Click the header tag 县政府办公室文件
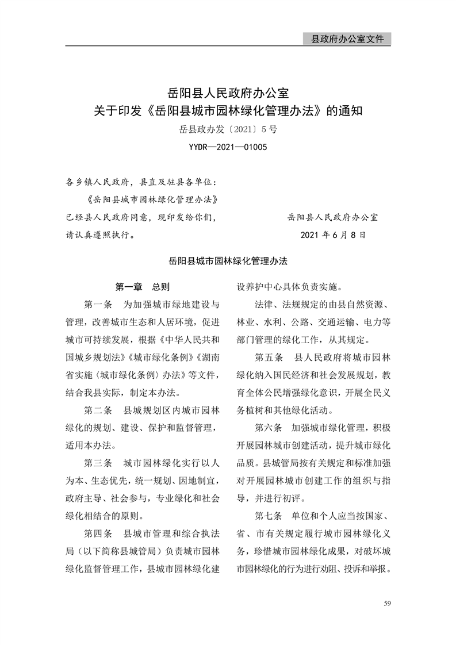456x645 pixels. (x=347, y=39)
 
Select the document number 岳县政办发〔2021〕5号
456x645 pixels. (x=228, y=130)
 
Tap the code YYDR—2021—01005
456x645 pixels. (x=228, y=148)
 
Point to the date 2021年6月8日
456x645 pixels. (x=332, y=235)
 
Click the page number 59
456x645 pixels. (x=387, y=603)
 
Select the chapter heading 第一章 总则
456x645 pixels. (x=142, y=286)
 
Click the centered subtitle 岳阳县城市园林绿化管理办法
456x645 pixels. (x=228, y=260)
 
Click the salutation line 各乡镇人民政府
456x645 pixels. (x=98, y=183)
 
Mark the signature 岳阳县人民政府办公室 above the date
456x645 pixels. (x=332, y=218)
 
